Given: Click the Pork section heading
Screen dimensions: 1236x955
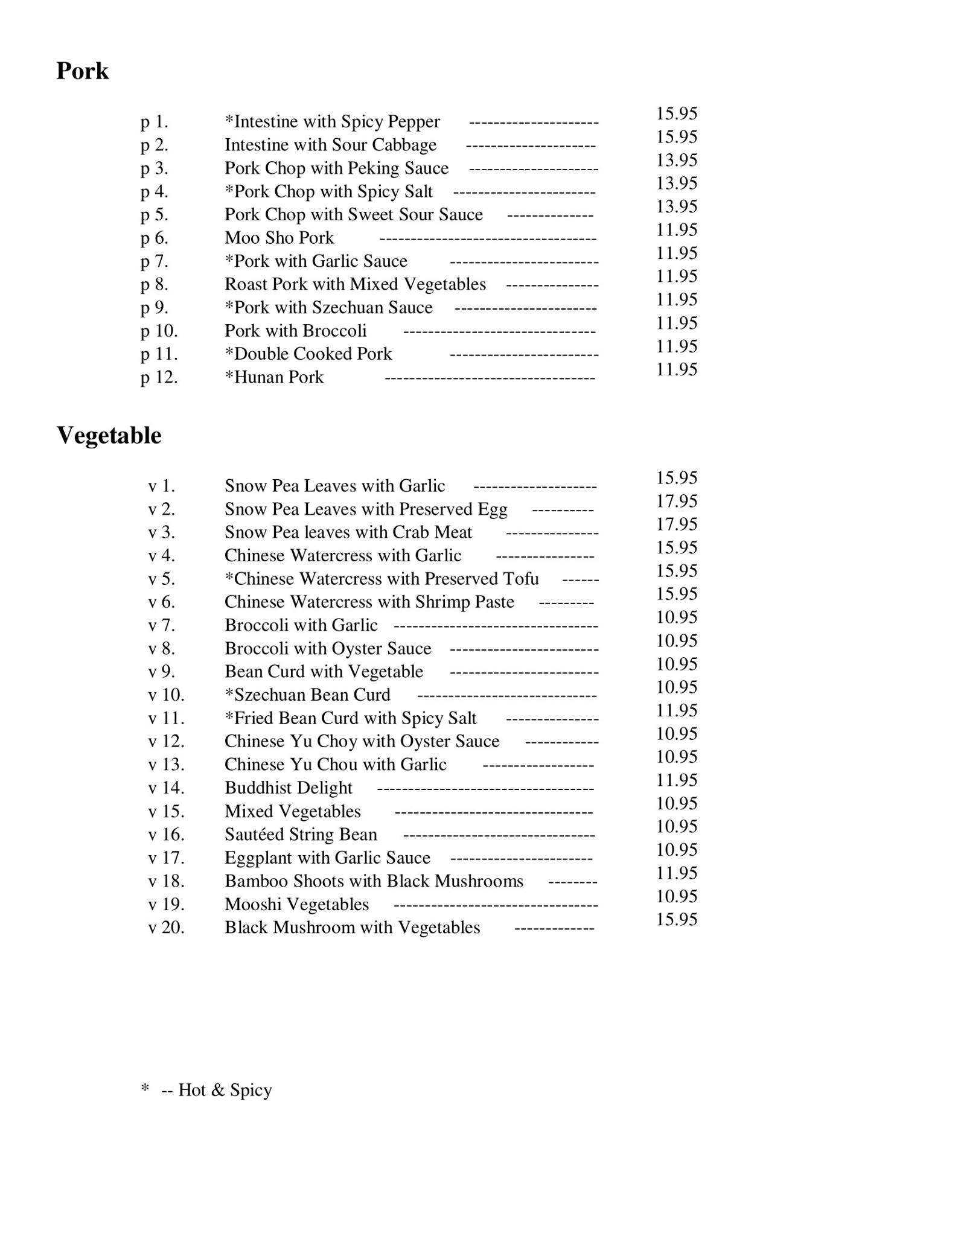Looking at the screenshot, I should pyautogui.click(x=82, y=71).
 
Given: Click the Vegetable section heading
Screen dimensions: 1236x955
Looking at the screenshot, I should pyautogui.click(x=109, y=435).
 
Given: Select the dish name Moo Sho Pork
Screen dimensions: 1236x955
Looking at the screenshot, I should pyautogui.click(x=279, y=238).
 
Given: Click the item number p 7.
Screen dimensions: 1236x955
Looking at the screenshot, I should pyautogui.click(x=155, y=261).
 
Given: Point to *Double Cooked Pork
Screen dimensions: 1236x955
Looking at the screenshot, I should pyautogui.click(x=308, y=354).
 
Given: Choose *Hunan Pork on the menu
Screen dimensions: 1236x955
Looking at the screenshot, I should pyautogui.click(x=274, y=377).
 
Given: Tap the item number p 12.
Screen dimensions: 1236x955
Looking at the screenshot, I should pyautogui.click(x=159, y=377).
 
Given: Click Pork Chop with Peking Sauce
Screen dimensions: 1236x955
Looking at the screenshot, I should pyautogui.click(x=336, y=168).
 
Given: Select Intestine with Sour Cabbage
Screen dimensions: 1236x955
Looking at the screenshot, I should pyautogui.click(x=330, y=145).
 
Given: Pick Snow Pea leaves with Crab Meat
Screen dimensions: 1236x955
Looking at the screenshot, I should pyautogui.click(x=348, y=532).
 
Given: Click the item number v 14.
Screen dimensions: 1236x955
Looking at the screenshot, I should pyautogui.click(x=166, y=788).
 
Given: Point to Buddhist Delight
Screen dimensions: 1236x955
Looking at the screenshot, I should pyautogui.click(x=288, y=788).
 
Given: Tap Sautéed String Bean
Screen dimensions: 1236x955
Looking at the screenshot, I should pyautogui.click(x=301, y=835).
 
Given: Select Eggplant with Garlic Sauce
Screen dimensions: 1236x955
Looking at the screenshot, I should pyautogui.click(x=327, y=858).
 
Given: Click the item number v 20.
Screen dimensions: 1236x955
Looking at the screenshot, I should pyautogui.click(x=166, y=928).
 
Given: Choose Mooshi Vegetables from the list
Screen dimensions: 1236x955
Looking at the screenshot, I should pyautogui.click(x=296, y=905).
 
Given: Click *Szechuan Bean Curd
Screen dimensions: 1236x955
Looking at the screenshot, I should pyautogui.click(x=307, y=695).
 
